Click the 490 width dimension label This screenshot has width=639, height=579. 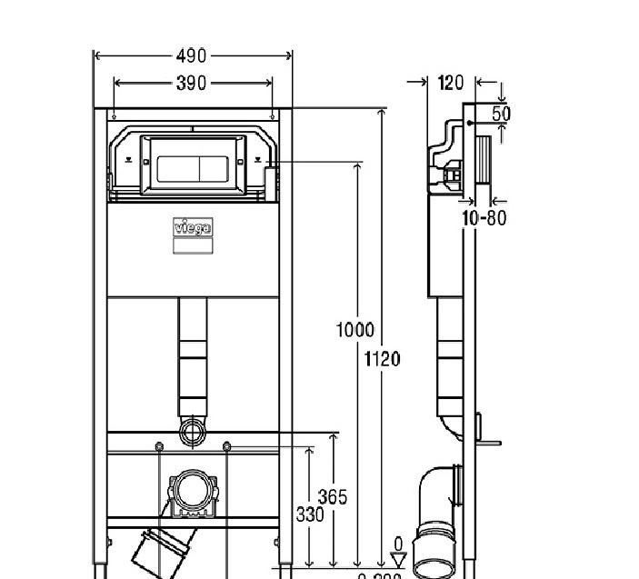tap(191, 56)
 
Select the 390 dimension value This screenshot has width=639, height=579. tap(191, 84)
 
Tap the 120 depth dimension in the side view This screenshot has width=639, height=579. tap(450, 83)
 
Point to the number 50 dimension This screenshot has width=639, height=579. tap(501, 114)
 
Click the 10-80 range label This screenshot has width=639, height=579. tap(484, 218)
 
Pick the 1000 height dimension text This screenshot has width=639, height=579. tap(355, 330)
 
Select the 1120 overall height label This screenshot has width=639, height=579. tap(382, 358)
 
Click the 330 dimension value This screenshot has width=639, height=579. tap(310, 514)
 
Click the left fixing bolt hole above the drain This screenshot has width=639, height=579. tap(159, 446)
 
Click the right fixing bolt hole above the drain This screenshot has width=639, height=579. tap(226, 446)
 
